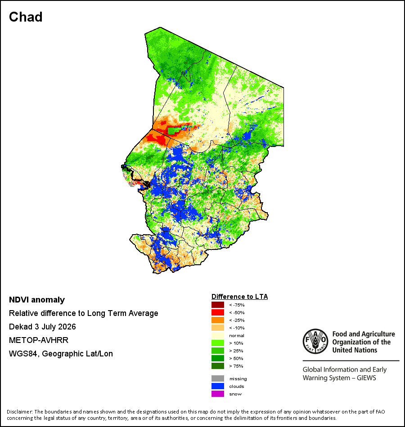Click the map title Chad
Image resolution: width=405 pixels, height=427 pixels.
click(x=26, y=17)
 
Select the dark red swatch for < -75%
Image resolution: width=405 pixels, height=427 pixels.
click(x=218, y=305)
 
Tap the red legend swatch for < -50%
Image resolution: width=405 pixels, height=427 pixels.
click(x=218, y=312)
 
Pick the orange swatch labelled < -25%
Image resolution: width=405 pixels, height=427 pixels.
click(x=218, y=320)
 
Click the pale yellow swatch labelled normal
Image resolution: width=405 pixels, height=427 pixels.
click(x=218, y=335)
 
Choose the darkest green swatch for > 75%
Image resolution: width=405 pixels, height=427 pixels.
click(x=218, y=366)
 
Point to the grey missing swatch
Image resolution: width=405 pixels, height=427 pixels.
click(x=218, y=378)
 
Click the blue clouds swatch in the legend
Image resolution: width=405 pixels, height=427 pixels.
click(x=218, y=386)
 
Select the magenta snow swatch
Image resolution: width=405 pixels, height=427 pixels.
click(x=218, y=394)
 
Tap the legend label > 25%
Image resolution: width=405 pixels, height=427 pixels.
click(x=236, y=351)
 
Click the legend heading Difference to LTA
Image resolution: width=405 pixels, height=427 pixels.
click(x=239, y=297)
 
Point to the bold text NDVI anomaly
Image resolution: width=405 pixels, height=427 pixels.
click(x=37, y=300)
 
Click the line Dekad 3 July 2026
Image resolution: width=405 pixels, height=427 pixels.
click(x=42, y=327)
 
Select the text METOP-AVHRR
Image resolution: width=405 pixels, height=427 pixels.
click(x=39, y=340)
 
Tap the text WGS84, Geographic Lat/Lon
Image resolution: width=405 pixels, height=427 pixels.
click(x=61, y=354)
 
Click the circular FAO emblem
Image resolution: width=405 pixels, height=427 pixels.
click(x=315, y=341)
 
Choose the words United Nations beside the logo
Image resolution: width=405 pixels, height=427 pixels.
click(x=355, y=350)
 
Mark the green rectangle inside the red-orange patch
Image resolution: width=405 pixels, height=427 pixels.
click(x=173, y=131)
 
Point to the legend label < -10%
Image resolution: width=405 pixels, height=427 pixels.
click(x=237, y=328)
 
